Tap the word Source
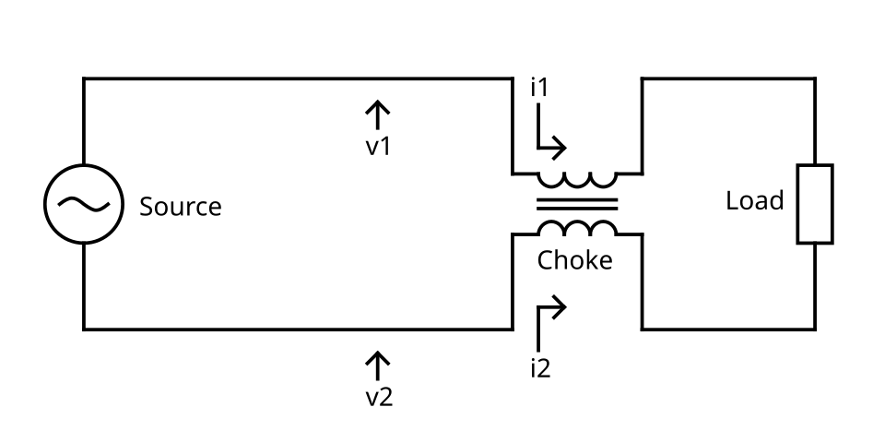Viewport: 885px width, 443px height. (180, 206)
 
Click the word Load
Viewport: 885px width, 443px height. (755, 200)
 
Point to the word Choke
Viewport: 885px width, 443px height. (574, 260)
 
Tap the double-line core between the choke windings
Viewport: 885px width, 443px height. (577, 204)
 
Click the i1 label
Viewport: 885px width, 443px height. (539, 89)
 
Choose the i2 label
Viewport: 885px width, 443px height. (540, 368)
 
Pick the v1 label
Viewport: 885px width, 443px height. (378, 147)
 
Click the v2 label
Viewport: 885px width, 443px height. (379, 398)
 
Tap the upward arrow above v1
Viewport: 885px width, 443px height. (377, 114)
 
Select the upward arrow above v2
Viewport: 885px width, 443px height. (377, 365)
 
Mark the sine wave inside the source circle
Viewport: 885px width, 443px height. (84, 204)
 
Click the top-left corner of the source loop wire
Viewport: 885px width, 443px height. (84, 78)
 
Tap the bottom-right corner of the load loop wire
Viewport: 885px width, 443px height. (815, 329)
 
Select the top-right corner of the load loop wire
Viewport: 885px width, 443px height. (815, 78)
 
